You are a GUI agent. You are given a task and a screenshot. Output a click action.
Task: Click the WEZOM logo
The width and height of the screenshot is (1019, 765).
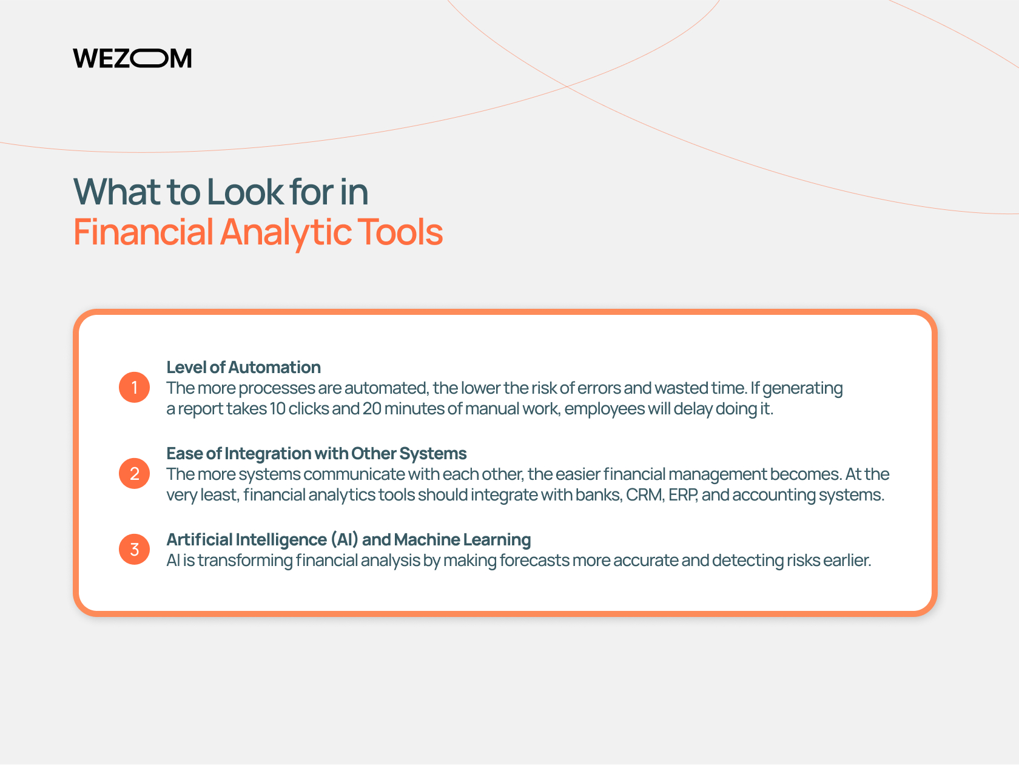point(132,58)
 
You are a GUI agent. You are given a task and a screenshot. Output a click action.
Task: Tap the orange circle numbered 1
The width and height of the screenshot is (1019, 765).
point(134,387)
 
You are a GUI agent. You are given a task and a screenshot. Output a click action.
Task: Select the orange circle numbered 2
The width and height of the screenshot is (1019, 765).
point(134,473)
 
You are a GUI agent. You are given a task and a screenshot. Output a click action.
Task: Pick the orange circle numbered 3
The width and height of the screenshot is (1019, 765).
point(134,549)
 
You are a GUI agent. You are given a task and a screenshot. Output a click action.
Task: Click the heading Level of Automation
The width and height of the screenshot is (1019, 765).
point(243,367)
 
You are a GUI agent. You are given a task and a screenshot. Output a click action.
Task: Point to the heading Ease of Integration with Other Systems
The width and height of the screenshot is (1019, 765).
point(316,454)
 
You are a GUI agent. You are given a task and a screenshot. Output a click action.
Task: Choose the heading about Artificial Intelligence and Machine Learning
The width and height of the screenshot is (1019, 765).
point(348,539)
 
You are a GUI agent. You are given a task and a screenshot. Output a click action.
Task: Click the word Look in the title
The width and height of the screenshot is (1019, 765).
point(244,191)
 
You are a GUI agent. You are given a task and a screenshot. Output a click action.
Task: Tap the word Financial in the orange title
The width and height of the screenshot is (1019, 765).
point(143,232)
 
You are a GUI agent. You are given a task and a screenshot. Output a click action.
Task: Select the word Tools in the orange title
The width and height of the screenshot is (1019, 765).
point(399,232)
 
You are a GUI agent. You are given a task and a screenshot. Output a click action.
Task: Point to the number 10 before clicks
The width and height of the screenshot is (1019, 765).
point(278,409)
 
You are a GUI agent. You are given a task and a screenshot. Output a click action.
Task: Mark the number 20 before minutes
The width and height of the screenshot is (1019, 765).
point(371,409)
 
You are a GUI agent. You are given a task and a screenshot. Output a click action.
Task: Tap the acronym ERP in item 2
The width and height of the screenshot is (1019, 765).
point(682,495)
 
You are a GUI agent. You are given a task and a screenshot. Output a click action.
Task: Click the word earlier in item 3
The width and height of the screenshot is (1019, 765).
point(847,561)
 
